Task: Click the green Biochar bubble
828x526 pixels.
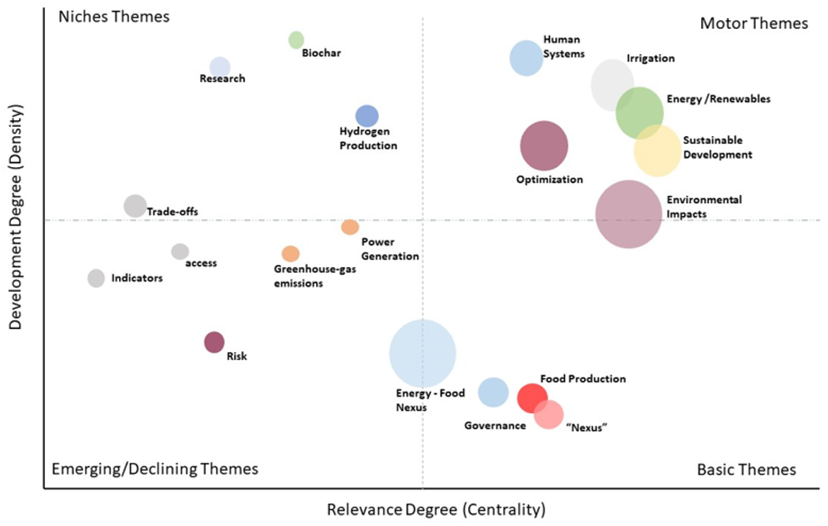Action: (296, 40)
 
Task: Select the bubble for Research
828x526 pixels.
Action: (220, 67)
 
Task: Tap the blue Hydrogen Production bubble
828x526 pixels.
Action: (367, 116)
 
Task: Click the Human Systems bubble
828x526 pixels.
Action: (526, 58)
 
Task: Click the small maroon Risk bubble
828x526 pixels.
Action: (214, 342)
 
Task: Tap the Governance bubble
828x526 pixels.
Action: (493, 392)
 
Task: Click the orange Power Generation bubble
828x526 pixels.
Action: (350, 227)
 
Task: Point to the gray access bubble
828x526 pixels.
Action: (180, 252)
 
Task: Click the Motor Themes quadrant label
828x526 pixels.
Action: (754, 23)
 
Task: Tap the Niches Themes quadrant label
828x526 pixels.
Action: (114, 17)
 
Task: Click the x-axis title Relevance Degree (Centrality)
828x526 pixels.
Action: (436, 509)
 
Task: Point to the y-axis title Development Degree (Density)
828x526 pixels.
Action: (15, 217)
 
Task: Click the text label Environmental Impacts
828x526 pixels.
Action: (704, 207)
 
